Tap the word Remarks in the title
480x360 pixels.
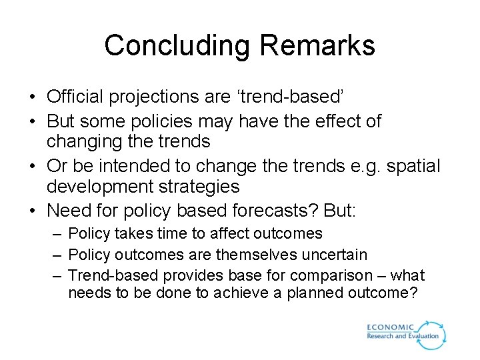(x=318, y=46)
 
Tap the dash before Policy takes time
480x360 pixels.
(x=57, y=234)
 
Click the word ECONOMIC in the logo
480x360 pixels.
(x=390, y=327)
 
